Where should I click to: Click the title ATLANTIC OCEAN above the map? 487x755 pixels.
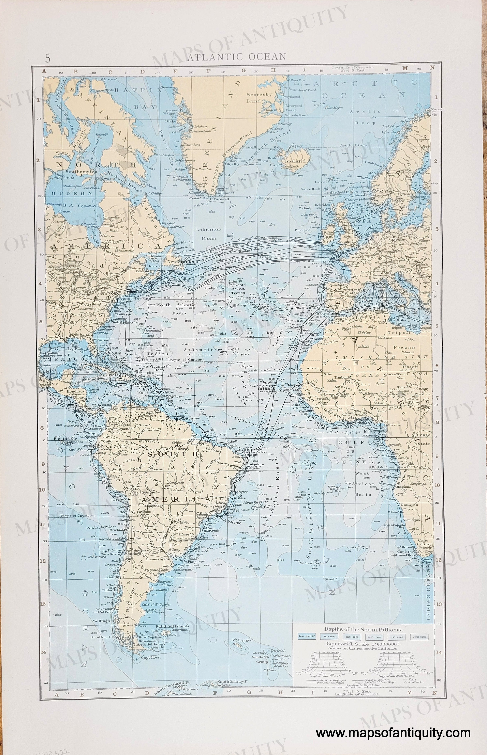(x=237, y=57)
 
